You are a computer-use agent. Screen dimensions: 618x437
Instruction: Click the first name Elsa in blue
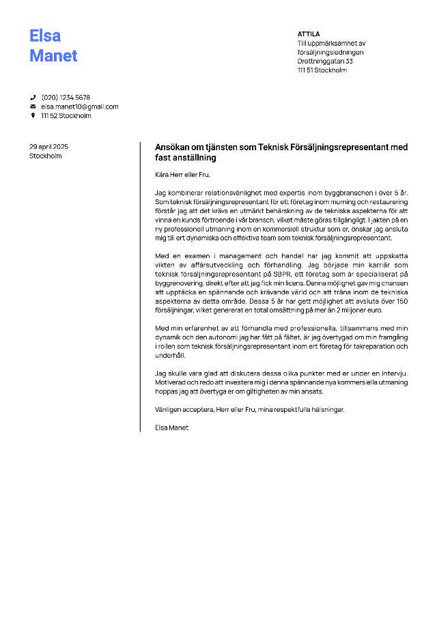[45, 36]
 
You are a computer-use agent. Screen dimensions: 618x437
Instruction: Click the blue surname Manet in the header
[53, 55]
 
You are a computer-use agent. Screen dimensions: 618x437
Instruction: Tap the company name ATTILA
[309, 33]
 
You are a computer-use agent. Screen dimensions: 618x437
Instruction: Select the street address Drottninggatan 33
[325, 61]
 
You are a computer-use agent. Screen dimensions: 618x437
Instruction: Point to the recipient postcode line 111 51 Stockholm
[322, 70]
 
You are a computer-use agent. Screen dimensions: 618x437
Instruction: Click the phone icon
[33, 98]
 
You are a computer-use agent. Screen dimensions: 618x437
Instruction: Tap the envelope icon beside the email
[33, 107]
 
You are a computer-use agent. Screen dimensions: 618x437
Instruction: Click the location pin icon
[33, 115]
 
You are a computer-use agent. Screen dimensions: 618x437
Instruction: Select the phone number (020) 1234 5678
[66, 98]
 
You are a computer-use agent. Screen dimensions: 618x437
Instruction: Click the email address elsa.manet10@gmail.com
[79, 107]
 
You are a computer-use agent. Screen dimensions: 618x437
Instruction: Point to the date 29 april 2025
[49, 146]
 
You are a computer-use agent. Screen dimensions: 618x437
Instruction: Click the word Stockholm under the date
[46, 156]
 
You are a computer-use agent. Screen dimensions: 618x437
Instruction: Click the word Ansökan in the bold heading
[172, 147]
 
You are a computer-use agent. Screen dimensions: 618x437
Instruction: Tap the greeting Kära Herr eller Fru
[178, 175]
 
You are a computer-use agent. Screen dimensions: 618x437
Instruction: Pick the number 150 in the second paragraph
[402, 300]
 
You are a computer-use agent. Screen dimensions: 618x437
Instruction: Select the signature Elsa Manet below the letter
[171, 427]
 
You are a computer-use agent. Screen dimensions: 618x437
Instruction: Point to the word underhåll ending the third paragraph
[170, 355]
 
